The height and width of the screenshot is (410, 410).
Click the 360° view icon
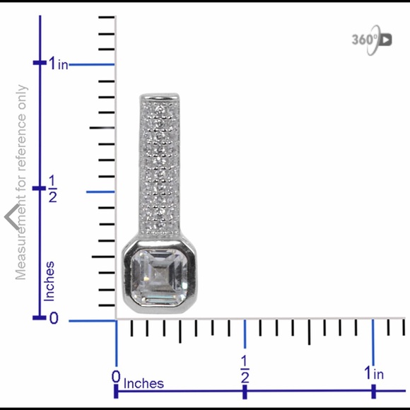tap(371, 39)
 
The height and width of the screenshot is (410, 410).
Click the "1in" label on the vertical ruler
tap(59, 64)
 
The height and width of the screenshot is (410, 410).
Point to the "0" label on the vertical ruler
tap(54, 319)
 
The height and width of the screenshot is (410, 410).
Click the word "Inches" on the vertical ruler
tap(50, 281)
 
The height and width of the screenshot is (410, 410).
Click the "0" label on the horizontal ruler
tap(116, 375)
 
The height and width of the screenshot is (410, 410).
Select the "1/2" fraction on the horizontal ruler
tap(245, 369)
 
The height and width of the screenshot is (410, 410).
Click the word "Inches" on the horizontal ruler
tap(144, 384)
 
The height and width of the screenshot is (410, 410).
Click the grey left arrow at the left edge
tap(10, 216)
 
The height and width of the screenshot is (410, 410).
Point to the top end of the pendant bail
tap(160, 97)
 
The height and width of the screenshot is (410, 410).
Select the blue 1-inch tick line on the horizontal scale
tap(373, 336)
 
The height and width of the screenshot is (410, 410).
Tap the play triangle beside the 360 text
tap(385, 39)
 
